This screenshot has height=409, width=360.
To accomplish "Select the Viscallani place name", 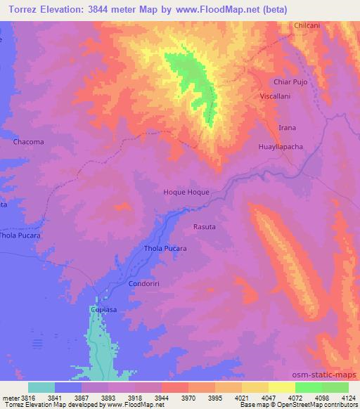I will [276, 95].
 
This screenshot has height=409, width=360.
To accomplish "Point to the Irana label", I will [288, 127].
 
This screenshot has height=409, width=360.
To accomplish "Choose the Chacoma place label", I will [28, 141].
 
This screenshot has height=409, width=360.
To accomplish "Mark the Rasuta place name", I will [204, 226].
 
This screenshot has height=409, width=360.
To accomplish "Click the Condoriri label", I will [146, 283].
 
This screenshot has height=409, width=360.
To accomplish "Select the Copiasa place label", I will [103, 309].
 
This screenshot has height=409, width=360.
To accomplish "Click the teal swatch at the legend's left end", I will [41, 387].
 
